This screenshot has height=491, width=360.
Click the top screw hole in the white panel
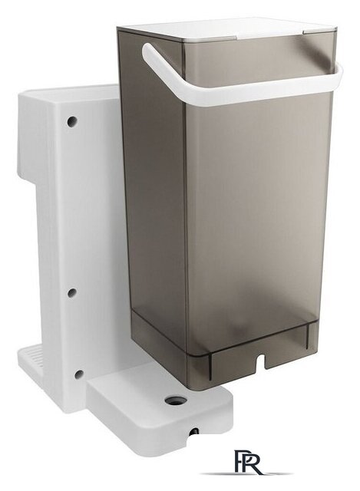[x=72, y=121]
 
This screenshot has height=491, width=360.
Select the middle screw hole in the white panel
[x=72, y=292]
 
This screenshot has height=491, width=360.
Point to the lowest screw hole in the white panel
[x=78, y=374]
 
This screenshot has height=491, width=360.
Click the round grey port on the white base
[x=176, y=400]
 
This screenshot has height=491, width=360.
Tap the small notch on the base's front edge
[x=193, y=431]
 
